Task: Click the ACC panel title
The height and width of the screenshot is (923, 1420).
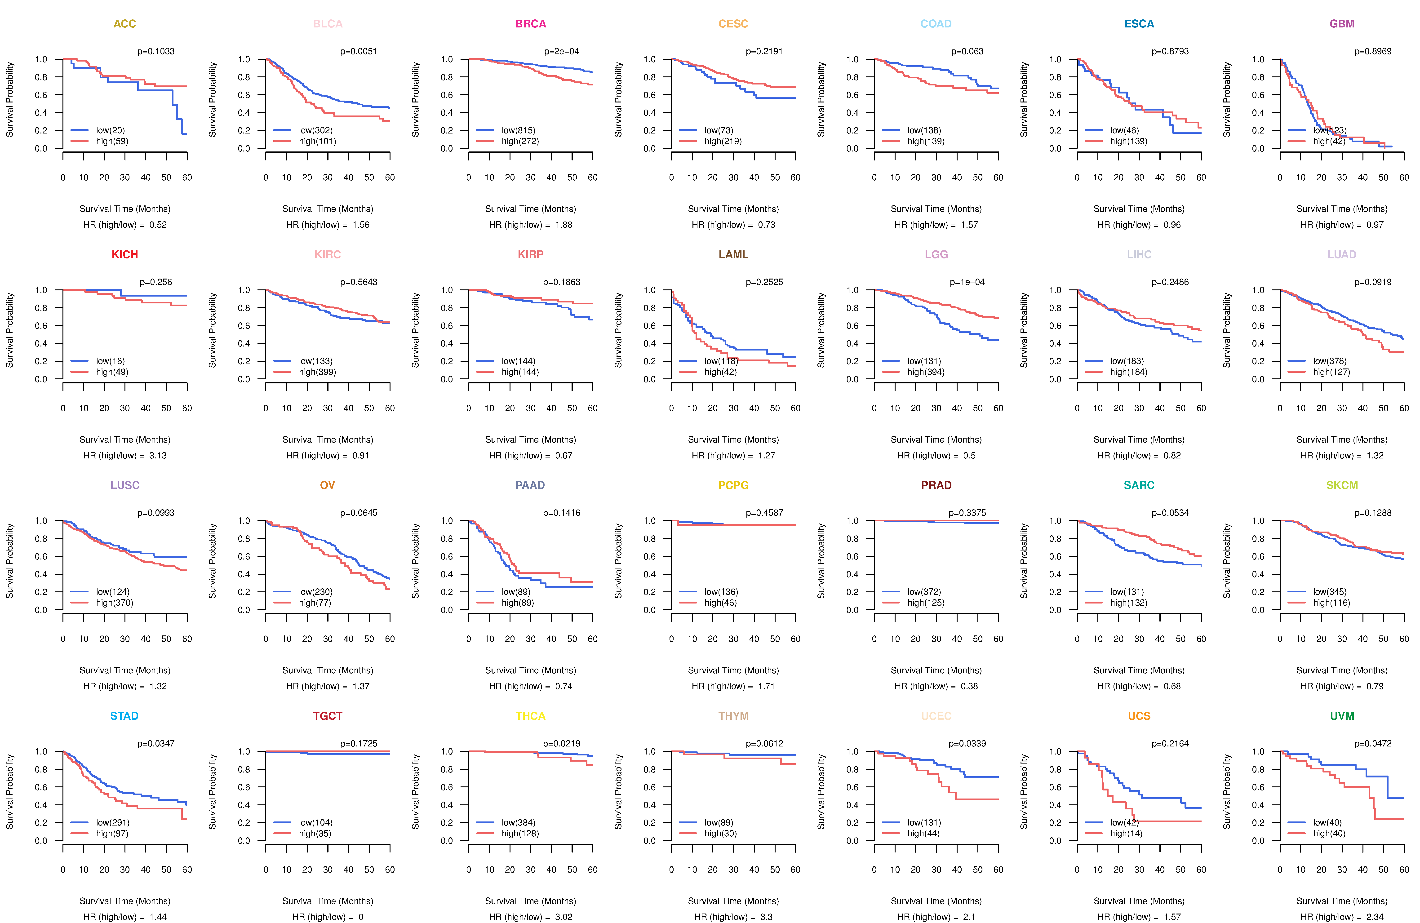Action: pos(125,24)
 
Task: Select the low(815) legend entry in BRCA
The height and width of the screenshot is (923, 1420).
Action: pos(518,130)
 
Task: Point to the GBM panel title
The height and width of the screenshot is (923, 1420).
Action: pos(1342,24)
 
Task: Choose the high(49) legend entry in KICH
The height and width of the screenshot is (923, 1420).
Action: pos(112,372)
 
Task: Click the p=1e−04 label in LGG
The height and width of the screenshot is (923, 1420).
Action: pos(967,282)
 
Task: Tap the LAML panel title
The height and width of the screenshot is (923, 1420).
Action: pos(733,255)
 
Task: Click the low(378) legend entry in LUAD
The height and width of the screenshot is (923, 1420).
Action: pos(1329,361)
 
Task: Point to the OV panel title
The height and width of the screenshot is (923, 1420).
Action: pos(328,485)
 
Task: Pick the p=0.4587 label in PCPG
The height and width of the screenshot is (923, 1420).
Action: pos(764,513)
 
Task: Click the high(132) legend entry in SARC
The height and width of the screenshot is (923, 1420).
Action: pos(1128,603)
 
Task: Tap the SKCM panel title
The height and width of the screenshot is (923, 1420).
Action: pos(1342,485)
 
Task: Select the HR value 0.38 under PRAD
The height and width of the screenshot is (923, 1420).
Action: pos(969,686)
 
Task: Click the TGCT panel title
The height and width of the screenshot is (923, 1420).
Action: pos(328,716)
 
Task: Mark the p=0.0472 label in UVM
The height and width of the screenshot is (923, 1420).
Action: pos(1373,743)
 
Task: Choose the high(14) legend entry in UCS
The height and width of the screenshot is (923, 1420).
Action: pos(1126,834)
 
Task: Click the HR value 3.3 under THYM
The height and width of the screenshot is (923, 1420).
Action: pos(766,917)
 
